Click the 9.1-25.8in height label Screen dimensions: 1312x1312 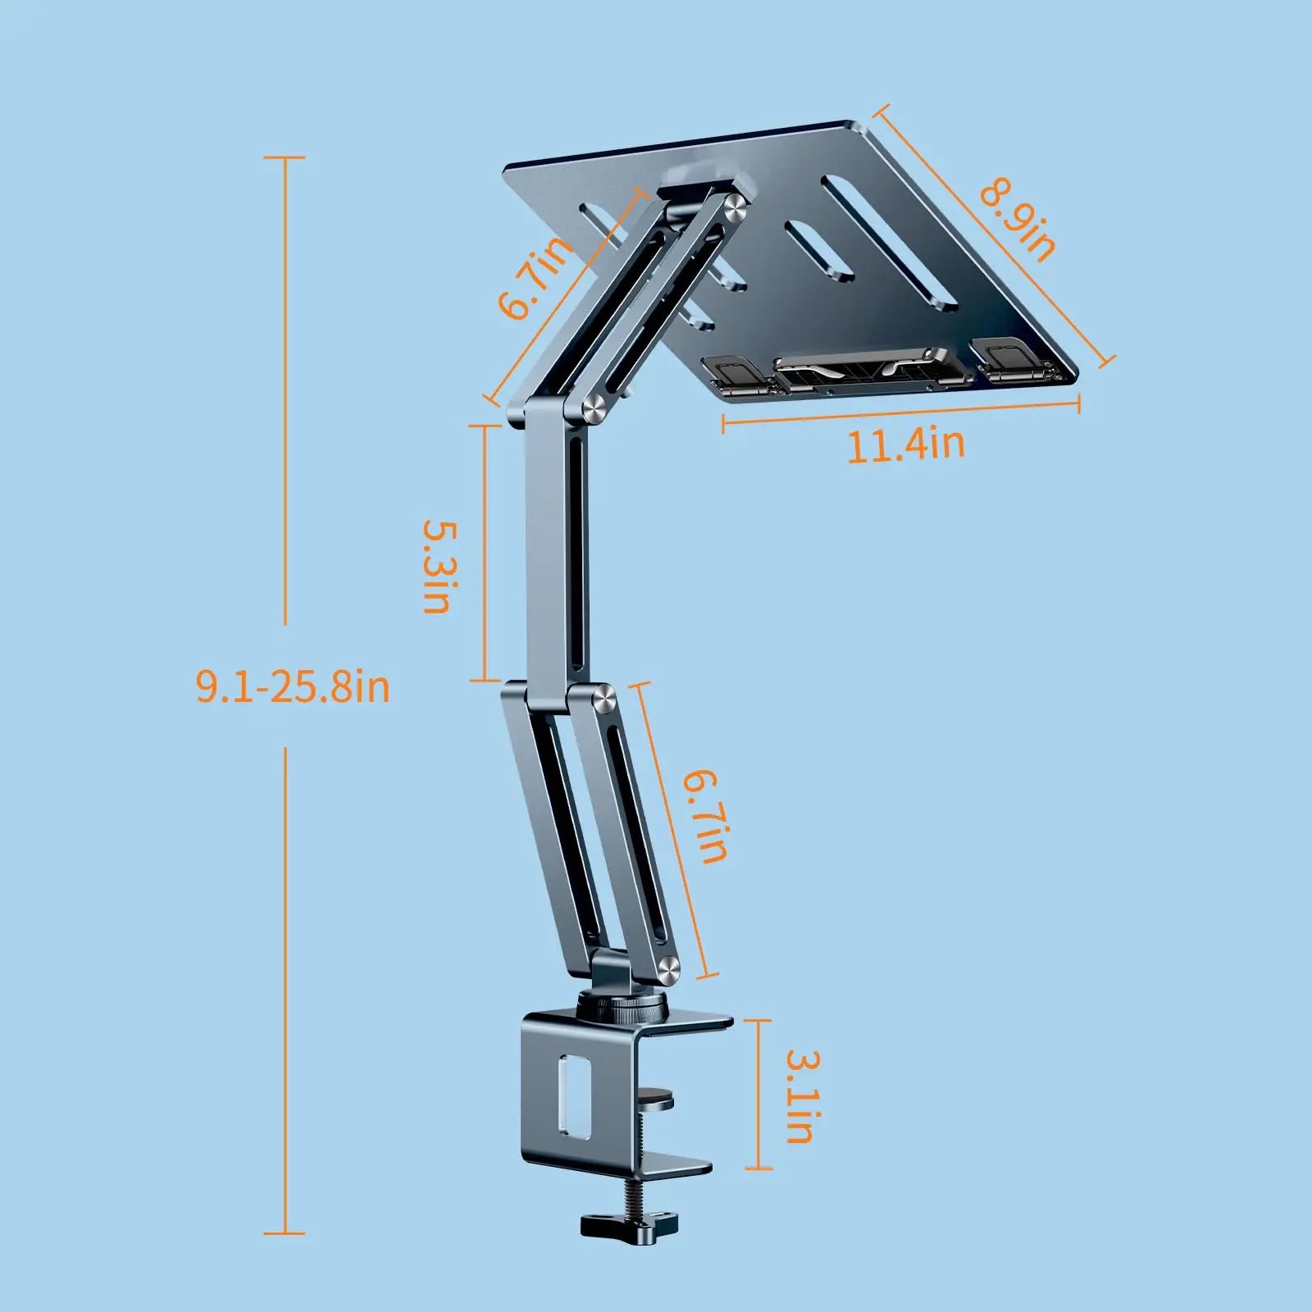293,686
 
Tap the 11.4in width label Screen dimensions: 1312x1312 905,445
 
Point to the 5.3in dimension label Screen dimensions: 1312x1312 437,566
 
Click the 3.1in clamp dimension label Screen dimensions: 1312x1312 798,1096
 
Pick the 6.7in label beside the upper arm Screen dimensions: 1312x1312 534,276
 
